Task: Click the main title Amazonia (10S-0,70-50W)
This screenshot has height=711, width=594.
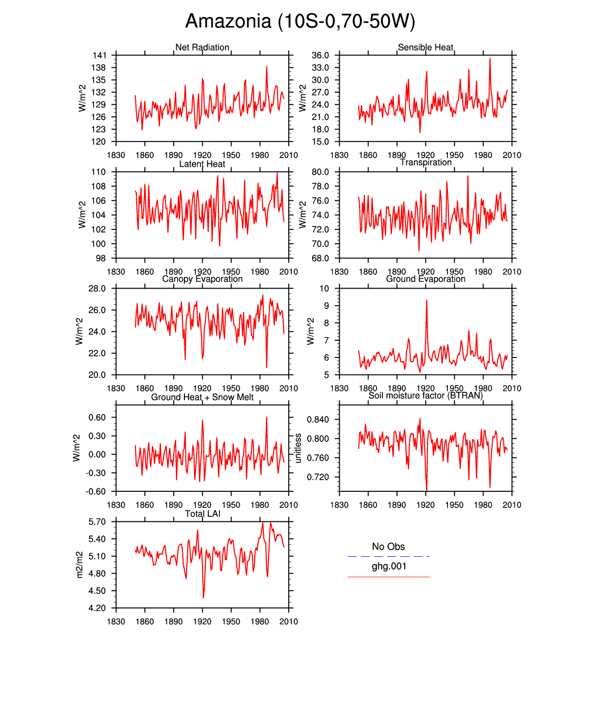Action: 300,21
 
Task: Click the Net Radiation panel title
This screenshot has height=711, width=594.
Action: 202,47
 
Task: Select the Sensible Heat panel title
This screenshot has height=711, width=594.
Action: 425,47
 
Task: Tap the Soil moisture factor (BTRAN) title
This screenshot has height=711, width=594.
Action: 425,395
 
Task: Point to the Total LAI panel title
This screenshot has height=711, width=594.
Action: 202,514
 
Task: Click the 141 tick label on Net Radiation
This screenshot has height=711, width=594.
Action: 99,55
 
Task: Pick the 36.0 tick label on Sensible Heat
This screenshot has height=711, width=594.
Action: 320,55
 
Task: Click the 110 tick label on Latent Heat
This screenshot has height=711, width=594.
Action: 99,172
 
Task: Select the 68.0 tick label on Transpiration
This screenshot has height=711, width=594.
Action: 320,258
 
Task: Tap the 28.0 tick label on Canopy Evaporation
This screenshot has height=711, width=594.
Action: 97,289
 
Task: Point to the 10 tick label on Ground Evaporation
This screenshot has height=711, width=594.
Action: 324,289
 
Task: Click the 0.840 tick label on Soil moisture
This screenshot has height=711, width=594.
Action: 317,420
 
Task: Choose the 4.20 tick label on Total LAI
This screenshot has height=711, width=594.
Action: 97,608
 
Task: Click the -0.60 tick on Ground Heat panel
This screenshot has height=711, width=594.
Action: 96,491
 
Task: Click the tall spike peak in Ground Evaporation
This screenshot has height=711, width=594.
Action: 427,300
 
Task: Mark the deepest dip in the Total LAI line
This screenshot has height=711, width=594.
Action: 203,598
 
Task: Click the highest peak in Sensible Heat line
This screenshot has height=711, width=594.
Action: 490,59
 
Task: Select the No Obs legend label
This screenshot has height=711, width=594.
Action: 388,547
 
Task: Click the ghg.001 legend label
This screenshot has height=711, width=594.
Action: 389,566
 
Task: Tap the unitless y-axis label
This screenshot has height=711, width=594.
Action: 298,448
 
